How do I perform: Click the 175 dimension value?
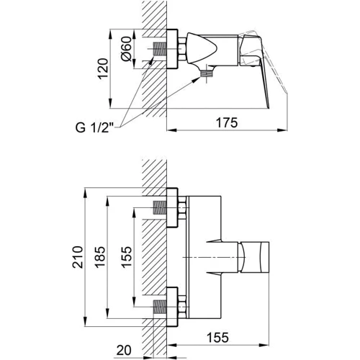(227, 122)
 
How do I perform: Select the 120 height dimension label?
(103, 68)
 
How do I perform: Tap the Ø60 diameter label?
(127, 49)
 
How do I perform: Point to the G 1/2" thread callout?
(95, 127)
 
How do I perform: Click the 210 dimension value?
(78, 257)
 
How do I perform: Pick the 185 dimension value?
(99, 257)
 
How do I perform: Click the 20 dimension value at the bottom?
(124, 350)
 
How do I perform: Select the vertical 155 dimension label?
(127, 257)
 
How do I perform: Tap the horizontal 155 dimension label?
(217, 338)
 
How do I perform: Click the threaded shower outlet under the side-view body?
(207, 73)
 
